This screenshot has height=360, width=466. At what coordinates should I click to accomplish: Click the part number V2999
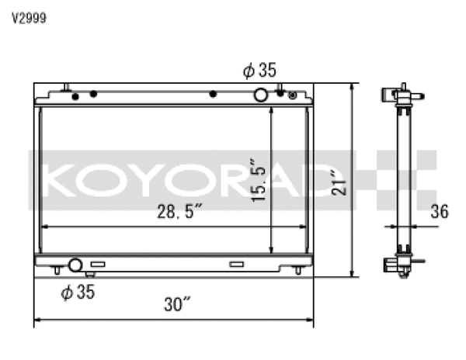tap(28, 19)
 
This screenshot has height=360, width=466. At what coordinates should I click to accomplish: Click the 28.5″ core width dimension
tap(178, 210)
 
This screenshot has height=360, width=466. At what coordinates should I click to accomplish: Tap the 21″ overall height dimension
tap(336, 182)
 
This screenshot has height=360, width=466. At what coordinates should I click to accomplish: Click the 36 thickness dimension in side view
tap(439, 211)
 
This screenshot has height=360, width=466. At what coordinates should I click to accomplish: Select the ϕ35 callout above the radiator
tap(259, 71)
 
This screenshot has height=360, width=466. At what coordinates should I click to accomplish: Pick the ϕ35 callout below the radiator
tap(78, 292)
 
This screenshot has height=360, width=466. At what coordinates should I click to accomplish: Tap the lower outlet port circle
tap(75, 265)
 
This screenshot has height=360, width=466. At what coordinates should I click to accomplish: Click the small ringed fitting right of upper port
tap(292, 96)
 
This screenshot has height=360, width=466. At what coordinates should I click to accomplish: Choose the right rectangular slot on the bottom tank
tap(236, 265)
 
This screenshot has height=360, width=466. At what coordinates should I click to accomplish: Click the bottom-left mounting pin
tap(57, 272)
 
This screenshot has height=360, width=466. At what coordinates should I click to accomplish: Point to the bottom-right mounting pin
tap(299, 272)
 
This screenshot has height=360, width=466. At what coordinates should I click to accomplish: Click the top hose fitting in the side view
tap(402, 98)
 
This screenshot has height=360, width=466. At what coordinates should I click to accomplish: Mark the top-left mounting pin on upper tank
tap(67, 87)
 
